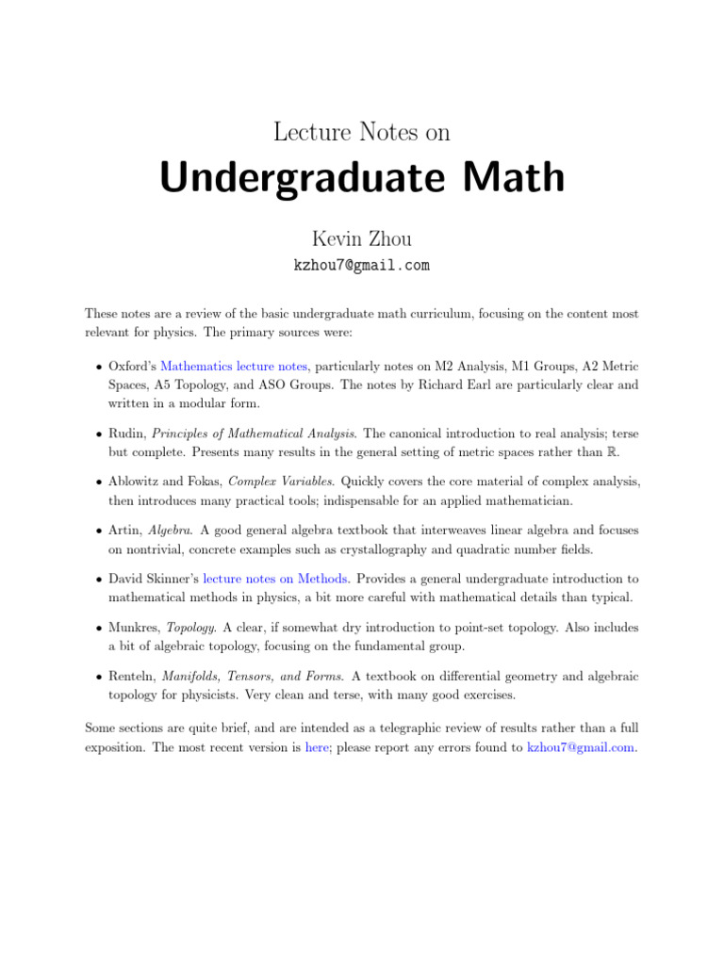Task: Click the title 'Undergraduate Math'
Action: tap(362, 179)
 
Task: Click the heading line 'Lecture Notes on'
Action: tap(362, 133)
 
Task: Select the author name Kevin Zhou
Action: tap(362, 239)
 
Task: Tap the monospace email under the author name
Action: tap(362, 266)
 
